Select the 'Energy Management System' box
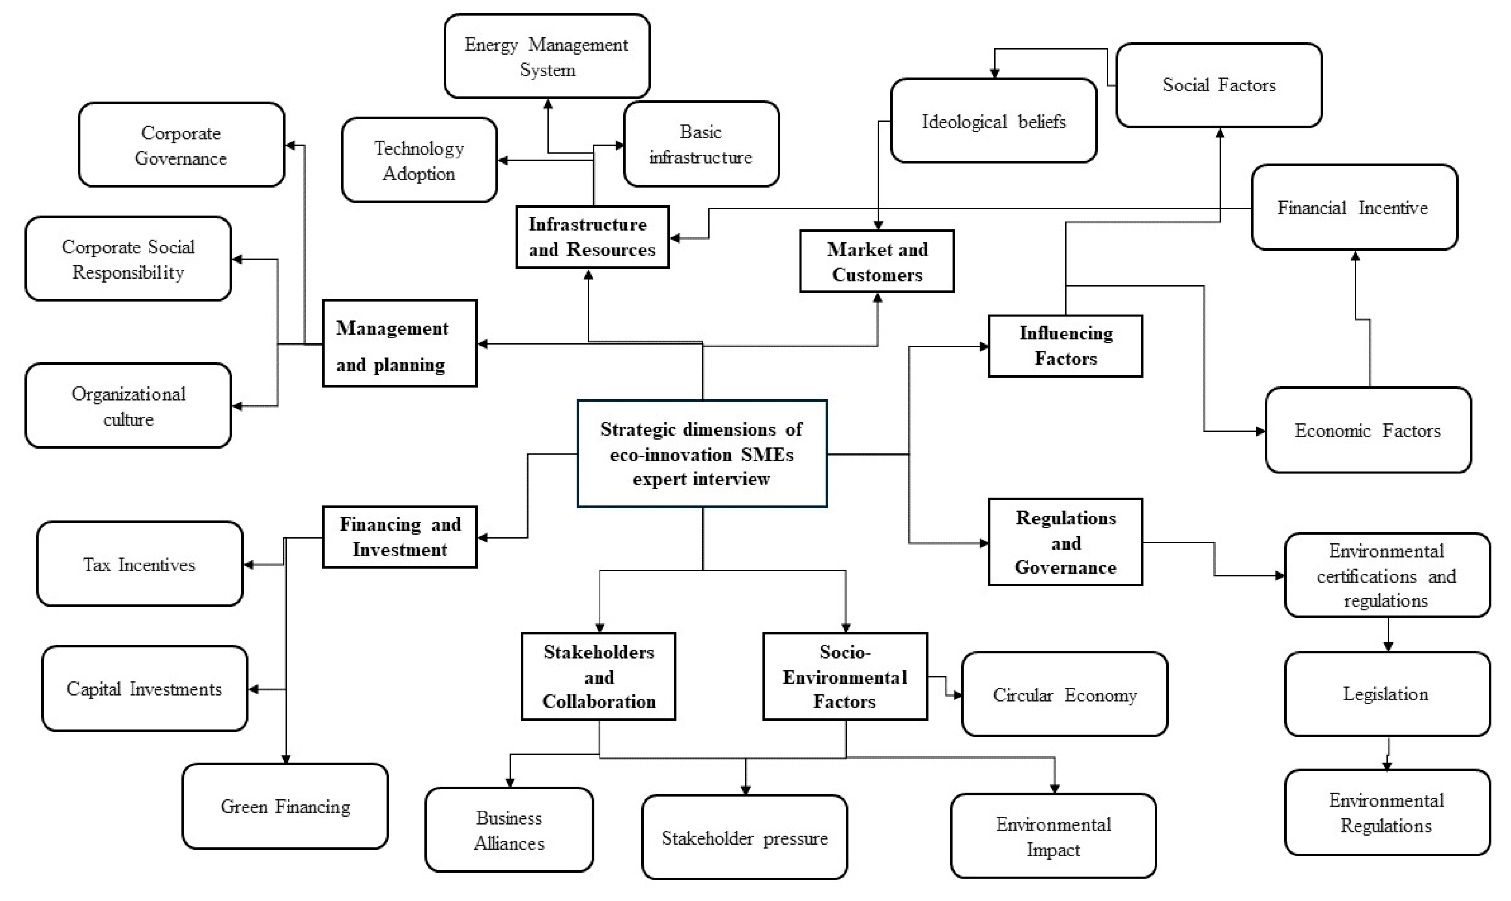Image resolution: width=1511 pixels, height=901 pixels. (x=547, y=56)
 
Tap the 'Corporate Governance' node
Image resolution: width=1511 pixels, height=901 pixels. (x=181, y=145)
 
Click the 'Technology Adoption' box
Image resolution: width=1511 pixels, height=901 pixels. (x=419, y=160)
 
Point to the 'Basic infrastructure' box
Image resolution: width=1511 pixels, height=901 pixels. (x=701, y=144)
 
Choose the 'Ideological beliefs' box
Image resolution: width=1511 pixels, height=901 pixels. (x=993, y=121)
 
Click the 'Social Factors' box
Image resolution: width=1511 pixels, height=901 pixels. (x=1219, y=85)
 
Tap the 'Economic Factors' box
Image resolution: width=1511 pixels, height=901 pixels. (x=1368, y=430)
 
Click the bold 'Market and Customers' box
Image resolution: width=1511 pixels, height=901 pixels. (x=877, y=262)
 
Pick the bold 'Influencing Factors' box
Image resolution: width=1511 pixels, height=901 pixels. (x=1065, y=345)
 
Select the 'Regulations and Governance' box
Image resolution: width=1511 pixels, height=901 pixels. (x=1065, y=542)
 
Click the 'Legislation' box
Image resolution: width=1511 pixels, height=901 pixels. (x=1387, y=694)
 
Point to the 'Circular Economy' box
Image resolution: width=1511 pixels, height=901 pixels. (x=1065, y=695)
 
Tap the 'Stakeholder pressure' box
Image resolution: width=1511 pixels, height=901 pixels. (x=745, y=838)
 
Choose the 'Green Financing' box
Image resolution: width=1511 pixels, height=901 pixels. (x=285, y=806)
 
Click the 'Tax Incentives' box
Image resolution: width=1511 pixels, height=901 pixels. (x=139, y=564)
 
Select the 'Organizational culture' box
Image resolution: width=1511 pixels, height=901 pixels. (x=128, y=406)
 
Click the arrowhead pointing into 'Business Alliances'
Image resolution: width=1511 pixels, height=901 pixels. (x=510, y=783)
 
